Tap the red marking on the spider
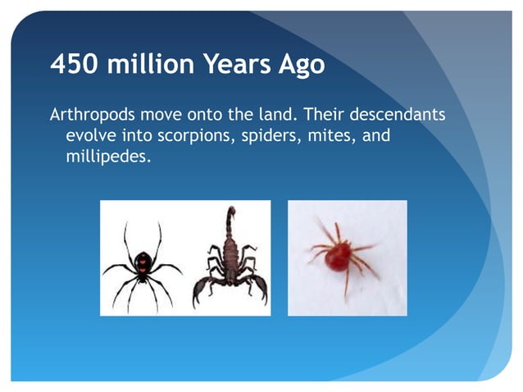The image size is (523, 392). click(x=143, y=263)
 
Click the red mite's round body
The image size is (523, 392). click(x=336, y=257)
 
